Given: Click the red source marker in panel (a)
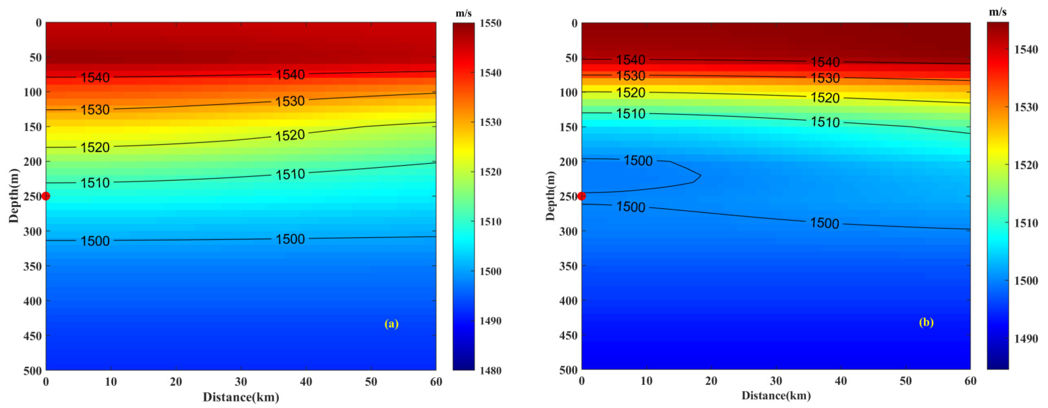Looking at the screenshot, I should (x=46, y=196).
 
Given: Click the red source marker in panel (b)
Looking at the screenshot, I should (x=581, y=196).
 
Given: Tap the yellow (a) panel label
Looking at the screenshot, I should (x=391, y=324).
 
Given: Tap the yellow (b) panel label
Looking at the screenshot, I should (x=926, y=322).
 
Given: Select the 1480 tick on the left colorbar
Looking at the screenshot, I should (x=490, y=371).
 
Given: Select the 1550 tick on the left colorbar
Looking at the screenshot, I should (x=490, y=23).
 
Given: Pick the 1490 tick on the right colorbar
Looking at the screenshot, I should (x=1026, y=339).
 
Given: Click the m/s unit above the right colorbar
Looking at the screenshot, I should (x=998, y=12).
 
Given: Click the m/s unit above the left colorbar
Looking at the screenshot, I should (x=463, y=13).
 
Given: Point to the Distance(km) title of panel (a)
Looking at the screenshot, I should (x=241, y=397).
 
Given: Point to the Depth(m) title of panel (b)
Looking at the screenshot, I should (x=550, y=196).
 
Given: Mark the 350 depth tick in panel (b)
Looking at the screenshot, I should (x=568, y=266).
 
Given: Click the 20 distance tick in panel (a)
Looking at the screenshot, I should (x=176, y=382).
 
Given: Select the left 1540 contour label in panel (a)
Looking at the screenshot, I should (x=95, y=77).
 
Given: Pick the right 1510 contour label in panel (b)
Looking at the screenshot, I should (x=825, y=122).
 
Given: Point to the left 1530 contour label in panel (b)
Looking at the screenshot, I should (x=631, y=76).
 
